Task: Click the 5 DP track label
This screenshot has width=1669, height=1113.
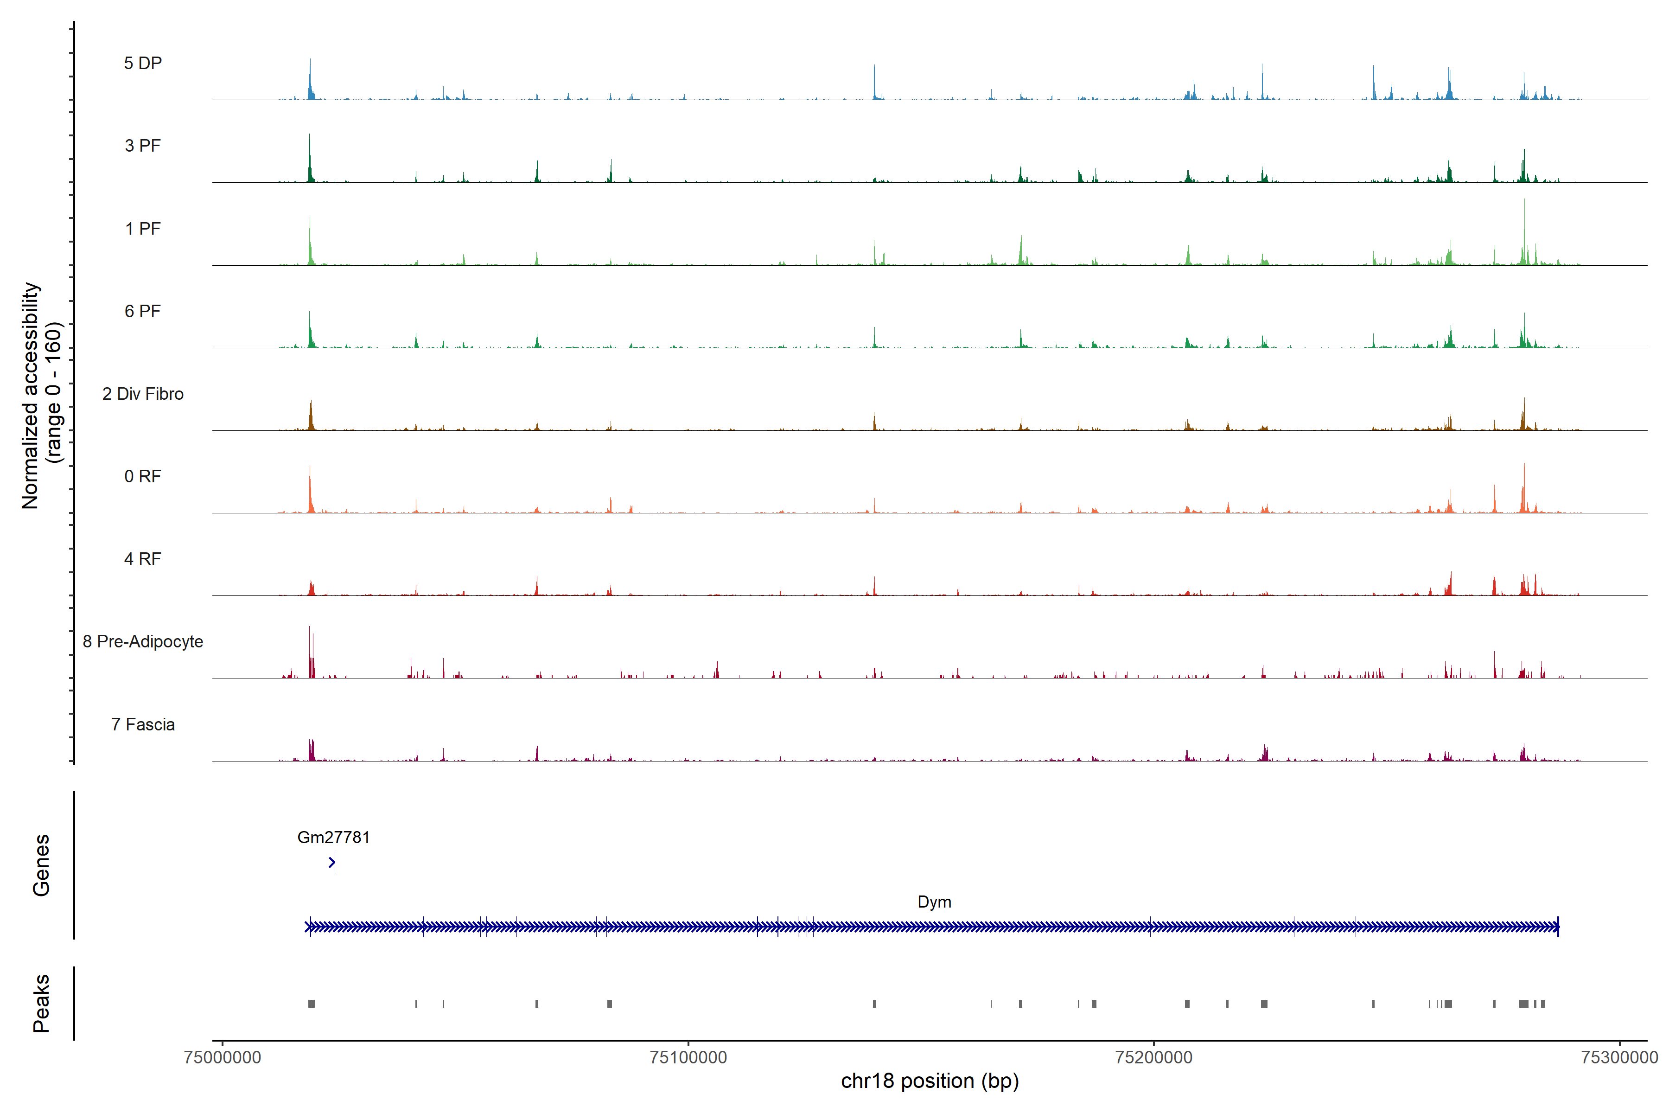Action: [x=143, y=63]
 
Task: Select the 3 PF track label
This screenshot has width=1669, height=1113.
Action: [x=143, y=146]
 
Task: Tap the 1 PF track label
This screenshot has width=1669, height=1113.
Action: [x=143, y=229]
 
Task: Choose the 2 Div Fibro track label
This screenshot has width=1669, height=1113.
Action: [x=143, y=394]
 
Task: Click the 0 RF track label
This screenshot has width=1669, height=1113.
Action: [x=143, y=476]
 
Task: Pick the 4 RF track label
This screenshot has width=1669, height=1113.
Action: [x=143, y=559]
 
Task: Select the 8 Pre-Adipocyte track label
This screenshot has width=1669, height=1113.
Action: [x=143, y=642]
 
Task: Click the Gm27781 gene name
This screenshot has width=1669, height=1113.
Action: [x=333, y=837]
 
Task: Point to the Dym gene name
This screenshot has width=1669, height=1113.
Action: [x=934, y=902]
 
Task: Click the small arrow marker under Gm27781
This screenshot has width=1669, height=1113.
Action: [x=332, y=863]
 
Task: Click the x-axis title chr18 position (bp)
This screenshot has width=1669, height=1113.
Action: [x=930, y=1081]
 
